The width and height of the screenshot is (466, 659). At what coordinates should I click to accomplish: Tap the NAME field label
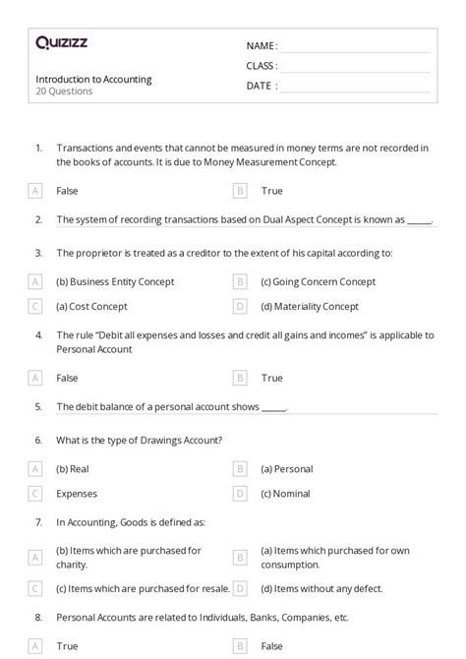(262, 45)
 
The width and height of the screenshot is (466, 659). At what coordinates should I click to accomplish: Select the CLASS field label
(262, 66)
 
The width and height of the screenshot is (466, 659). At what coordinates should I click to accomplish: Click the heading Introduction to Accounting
(93, 79)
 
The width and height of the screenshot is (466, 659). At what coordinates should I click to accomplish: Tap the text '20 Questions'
(64, 91)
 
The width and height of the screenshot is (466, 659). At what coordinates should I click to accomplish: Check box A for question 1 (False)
(35, 191)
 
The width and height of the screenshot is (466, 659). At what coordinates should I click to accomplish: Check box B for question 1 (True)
(240, 191)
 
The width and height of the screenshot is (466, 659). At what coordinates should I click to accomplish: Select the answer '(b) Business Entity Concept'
(115, 281)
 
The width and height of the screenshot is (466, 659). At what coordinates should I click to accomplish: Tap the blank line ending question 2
(420, 222)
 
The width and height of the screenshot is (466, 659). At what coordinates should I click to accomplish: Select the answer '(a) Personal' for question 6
(287, 469)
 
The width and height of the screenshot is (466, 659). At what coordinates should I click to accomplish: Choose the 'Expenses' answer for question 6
(76, 494)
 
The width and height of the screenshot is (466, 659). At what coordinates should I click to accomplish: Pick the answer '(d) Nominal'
(285, 494)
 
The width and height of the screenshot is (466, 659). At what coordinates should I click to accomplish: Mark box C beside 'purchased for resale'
(35, 588)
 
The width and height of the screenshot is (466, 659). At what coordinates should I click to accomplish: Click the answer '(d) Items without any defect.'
(323, 588)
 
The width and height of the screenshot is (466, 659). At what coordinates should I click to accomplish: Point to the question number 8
(38, 617)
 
